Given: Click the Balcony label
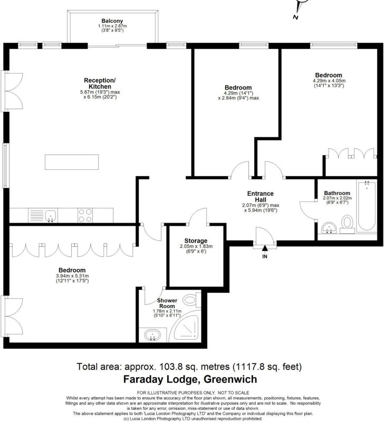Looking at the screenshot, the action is coord(112,21).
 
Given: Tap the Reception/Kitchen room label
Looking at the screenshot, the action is coord(100,83).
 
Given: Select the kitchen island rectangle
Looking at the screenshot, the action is coord(72,162).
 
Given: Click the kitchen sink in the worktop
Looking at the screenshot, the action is coord(51,216).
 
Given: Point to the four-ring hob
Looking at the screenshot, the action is coord(85,215).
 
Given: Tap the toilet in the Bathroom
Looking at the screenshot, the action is coord(348,223).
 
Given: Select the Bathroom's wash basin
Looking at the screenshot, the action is coord(329,227).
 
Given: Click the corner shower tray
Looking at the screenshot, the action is coord(186,328).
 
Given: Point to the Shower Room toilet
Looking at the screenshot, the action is coord(192,300).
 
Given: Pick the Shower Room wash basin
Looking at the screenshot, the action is coord(152,335).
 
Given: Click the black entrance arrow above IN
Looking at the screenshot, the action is coord(265,248).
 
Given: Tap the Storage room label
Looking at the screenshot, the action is coord(196,241).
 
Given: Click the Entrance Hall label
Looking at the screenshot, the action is coord(260,196).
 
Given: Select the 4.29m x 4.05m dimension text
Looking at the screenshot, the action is coord(329,81).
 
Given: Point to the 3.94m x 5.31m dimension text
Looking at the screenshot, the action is coord(72,276).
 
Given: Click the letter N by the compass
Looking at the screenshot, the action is coord(295,17).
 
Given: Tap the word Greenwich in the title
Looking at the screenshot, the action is coord(231,379).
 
